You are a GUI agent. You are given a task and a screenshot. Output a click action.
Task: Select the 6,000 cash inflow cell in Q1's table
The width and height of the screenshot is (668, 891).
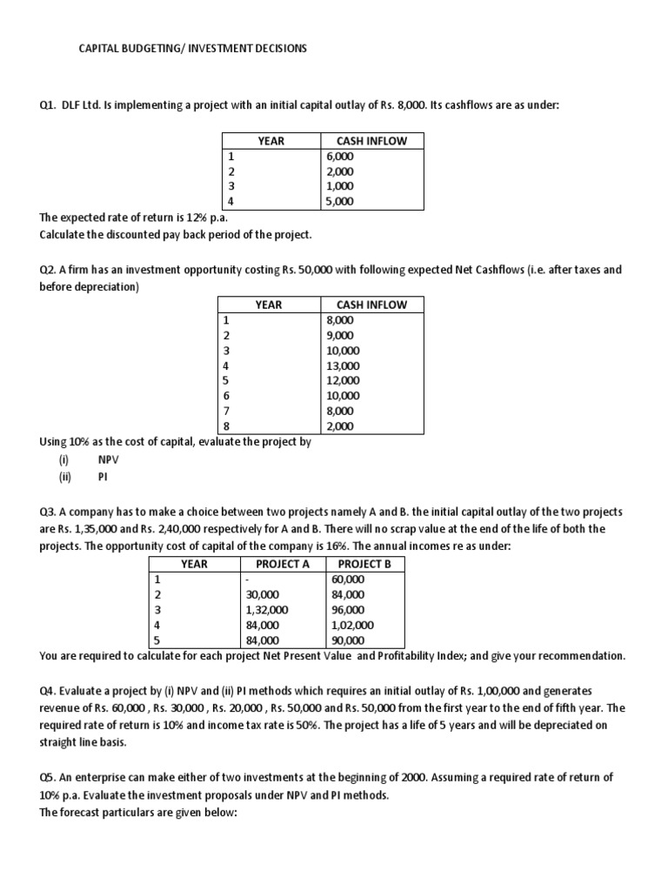click(339, 156)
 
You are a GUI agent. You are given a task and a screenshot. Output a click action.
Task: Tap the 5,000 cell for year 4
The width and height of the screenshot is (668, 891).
click(339, 201)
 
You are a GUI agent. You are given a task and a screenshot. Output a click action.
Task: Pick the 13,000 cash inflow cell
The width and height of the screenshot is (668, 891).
click(341, 365)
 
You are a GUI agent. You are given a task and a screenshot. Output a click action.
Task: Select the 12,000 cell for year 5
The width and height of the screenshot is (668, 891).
click(341, 380)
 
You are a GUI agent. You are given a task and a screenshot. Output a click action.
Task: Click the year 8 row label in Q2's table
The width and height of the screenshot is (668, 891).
click(227, 426)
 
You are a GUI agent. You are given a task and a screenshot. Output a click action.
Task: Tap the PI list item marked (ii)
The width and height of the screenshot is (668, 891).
click(104, 476)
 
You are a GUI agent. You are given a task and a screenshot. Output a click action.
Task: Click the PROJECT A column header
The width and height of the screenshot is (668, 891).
click(283, 563)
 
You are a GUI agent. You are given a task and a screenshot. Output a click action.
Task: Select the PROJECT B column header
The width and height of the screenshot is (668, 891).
click(364, 563)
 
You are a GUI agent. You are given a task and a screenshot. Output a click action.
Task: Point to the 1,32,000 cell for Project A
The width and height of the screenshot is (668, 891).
click(268, 609)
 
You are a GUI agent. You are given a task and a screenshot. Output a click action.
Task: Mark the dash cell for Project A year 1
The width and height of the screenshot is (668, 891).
click(249, 579)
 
